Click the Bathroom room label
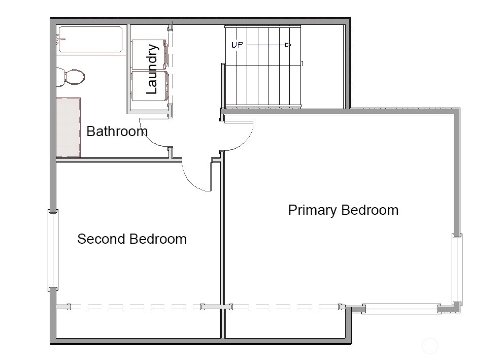(x=117, y=132)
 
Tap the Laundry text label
(x=152, y=69)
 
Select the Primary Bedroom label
(x=343, y=210)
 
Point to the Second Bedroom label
(x=132, y=239)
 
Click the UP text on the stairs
(x=237, y=45)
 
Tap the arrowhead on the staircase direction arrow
(x=288, y=45)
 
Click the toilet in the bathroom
(x=71, y=77)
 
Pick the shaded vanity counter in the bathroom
(x=68, y=127)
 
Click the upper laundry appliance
(x=150, y=54)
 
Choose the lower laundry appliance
(x=150, y=86)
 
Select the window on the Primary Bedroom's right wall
(x=457, y=269)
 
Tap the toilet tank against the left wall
(x=60, y=77)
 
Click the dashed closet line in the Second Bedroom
(x=135, y=307)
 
